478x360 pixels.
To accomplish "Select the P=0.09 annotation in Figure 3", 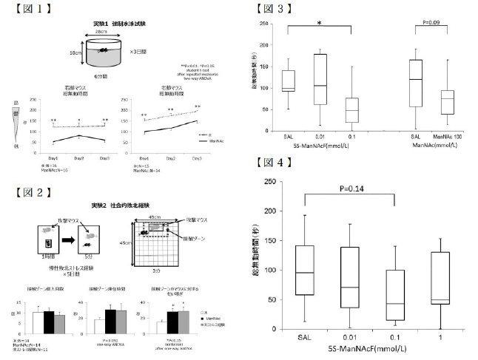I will coord(431,23).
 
